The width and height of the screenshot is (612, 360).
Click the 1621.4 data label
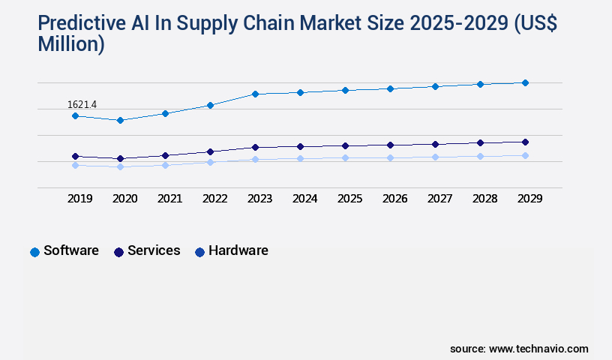(82, 104)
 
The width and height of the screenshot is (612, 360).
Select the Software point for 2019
(75, 116)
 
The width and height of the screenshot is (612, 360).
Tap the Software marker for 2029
(525, 82)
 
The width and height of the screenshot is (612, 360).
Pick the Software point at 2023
(255, 94)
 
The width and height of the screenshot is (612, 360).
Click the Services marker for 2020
(120, 158)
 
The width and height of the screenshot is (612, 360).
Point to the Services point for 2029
(525, 142)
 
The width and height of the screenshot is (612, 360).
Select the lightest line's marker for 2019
(75, 165)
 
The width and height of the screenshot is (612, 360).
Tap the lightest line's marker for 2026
(390, 157)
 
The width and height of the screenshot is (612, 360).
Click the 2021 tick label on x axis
(169, 199)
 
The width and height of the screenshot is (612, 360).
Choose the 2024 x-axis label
(304, 199)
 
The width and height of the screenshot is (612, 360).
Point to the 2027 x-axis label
(439, 199)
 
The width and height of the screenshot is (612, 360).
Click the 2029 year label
(529, 199)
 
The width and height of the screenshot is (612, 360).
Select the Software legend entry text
(71, 250)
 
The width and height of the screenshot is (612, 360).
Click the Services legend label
(154, 250)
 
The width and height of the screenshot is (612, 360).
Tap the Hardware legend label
(238, 250)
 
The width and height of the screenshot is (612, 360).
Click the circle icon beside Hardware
(199, 252)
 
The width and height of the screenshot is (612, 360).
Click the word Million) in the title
(71, 45)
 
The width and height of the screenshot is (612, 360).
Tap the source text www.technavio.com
(538, 349)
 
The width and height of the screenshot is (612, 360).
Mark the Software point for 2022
(210, 105)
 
